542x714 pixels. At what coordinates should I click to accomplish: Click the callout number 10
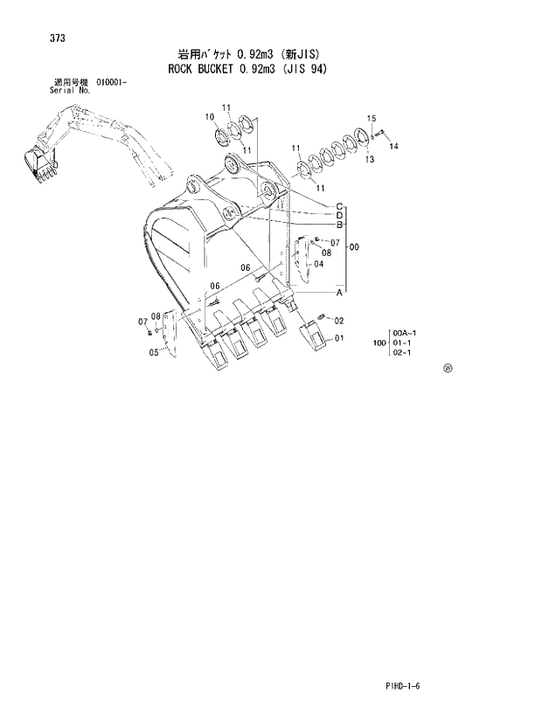point(210,117)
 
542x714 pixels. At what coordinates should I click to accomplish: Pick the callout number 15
point(371,118)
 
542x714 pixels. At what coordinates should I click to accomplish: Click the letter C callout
point(337,206)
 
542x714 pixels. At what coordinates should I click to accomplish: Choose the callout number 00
point(354,247)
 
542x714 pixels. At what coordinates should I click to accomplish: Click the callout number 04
point(319,264)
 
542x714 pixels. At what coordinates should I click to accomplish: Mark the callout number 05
point(154,352)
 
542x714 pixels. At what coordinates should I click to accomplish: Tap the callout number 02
point(339,320)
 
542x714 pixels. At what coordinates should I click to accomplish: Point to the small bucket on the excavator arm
point(39,162)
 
